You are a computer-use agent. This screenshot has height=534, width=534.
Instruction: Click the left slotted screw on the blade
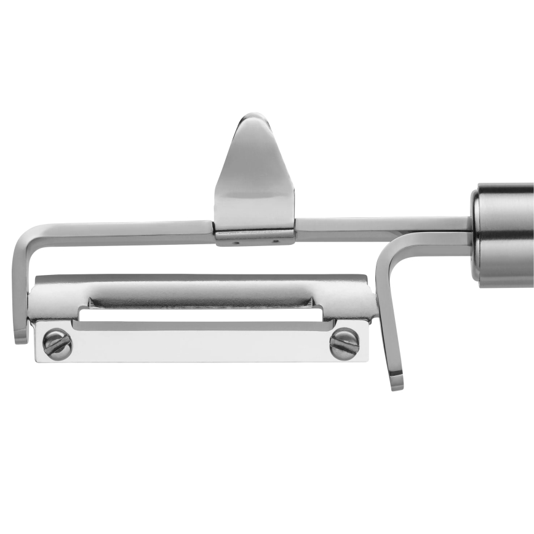pos(57,345)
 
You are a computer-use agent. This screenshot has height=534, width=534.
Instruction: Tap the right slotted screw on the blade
pos(345,344)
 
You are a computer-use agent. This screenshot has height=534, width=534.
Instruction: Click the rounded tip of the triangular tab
pos(253,118)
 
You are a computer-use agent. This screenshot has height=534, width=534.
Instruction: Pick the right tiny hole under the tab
pos(275,241)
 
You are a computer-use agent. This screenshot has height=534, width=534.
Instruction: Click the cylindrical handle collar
pos(503,234)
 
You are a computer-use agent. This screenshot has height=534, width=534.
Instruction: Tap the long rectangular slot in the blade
pos(201,314)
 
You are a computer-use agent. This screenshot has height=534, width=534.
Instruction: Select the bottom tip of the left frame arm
pos(21,337)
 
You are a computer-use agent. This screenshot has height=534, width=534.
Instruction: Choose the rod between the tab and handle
pos(381,224)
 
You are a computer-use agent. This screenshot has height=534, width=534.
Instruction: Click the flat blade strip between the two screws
pos(201,345)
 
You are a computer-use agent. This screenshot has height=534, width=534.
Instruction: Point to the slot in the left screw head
pos(57,345)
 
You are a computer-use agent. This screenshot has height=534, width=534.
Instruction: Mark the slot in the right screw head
pos(345,344)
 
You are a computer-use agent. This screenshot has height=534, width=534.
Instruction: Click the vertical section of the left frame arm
pos(19,289)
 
